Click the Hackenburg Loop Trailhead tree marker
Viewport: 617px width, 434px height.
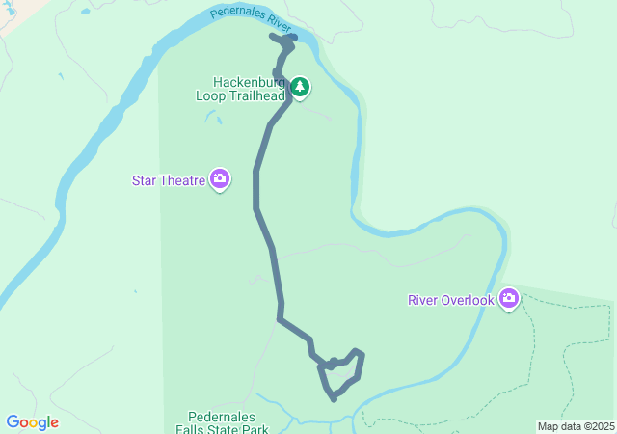(x=300, y=89)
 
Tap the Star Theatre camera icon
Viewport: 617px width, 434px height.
(x=220, y=179)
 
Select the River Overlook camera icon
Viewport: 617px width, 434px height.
(x=508, y=299)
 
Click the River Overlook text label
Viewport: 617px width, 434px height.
(x=451, y=300)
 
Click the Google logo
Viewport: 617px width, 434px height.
(x=32, y=422)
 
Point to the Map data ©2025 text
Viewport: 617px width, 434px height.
(x=576, y=426)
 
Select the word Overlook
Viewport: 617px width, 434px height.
(x=469, y=300)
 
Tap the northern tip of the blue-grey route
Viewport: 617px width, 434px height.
(x=276, y=38)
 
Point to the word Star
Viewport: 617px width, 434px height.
(x=145, y=179)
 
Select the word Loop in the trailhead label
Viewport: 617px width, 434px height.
(x=210, y=95)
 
